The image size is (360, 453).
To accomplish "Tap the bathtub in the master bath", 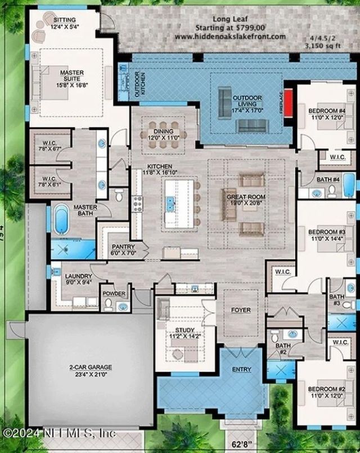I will [61, 219].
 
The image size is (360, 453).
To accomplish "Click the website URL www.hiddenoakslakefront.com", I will [229, 35].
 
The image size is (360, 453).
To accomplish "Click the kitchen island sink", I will [170, 203].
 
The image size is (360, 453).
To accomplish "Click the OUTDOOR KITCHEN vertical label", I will [136, 84].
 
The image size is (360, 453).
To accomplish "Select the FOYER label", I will [240, 310].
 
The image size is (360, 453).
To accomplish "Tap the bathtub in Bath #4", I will [348, 186].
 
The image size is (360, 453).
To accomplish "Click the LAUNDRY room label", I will [78, 279].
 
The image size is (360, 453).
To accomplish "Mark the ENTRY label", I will [241, 370].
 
